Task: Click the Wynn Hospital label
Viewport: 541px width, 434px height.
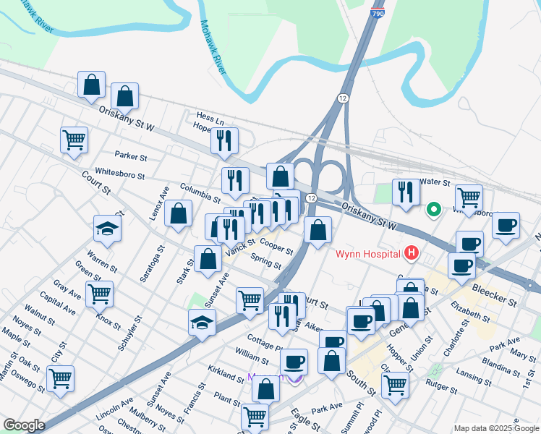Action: (x=367, y=254)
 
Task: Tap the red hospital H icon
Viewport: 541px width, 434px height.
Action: (x=412, y=252)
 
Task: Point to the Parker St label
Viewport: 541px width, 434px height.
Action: (x=131, y=156)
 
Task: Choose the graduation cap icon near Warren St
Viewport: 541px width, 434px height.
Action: (x=108, y=229)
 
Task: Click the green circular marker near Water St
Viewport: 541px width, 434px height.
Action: (x=434, y=210)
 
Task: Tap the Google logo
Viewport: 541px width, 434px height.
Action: (x=25, y=425)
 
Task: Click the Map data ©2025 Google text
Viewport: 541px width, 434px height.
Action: (x=496, y=428)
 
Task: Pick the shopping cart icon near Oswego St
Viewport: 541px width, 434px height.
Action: (x=60, y=378)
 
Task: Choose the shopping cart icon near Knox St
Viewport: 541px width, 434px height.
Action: (x=99, y=293)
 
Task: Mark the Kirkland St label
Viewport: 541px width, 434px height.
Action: (x=226, y=375)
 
